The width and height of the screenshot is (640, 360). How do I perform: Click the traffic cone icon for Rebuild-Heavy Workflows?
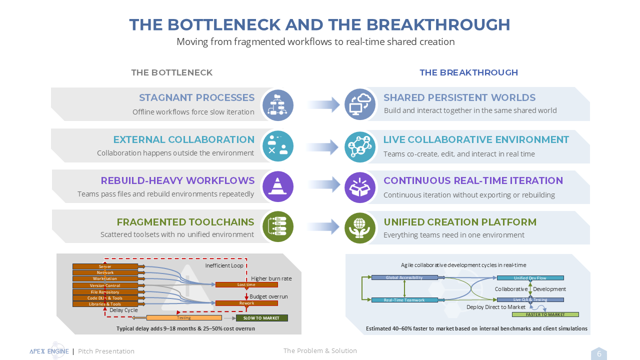(x=277, y=186)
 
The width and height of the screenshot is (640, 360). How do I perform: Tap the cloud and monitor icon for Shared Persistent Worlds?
(x=360, y=104)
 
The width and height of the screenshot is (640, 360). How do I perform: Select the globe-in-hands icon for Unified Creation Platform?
(x=360, y=227)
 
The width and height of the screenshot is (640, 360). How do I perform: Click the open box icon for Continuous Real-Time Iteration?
(x=360, y=186)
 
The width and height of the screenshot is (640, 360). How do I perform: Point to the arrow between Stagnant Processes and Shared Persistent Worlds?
(x=323, y=104)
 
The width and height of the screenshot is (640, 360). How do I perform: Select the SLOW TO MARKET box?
(x=262, y=318)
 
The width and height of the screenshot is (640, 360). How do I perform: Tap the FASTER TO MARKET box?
(x=545, y=314)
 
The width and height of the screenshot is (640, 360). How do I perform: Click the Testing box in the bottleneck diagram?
(x=184, y=318)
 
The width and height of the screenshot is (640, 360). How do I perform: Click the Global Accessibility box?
(x=404, y=277)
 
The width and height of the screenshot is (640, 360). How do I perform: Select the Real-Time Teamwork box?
(x=404, y=300)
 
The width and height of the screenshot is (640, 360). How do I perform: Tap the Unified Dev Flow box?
(x=530, y=278)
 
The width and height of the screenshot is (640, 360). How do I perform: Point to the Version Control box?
(x=105, y=285)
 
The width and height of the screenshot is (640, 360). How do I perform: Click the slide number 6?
(x=599, y=354)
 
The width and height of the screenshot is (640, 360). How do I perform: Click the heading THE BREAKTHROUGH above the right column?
(x=468, y=72)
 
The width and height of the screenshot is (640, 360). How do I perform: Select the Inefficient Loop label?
(x=224, y=265)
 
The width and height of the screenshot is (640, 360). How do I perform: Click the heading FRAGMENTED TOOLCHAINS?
(x=185, y=222)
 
